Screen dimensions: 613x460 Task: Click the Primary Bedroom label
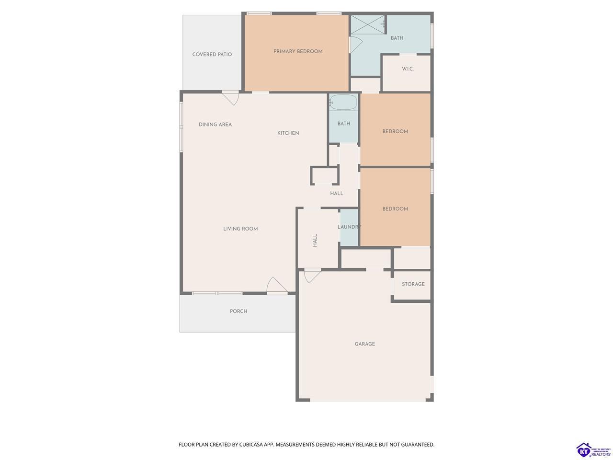[298, 51]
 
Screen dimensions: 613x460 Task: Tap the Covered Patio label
[212, 55]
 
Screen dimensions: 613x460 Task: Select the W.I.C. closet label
[408, 69]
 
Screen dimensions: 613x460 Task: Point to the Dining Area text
[215, 125]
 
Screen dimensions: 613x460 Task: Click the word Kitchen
[288, 133]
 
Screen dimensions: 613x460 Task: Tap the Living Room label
[240, 229]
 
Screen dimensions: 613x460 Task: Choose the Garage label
[365, 344]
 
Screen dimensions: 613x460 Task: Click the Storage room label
[413, 284]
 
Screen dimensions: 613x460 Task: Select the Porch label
[238, 311]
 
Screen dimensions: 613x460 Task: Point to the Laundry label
[349, 227]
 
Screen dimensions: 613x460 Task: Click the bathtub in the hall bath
[343, 102]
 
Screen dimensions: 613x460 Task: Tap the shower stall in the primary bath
[367, 24]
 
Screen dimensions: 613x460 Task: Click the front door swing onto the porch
[276, 286]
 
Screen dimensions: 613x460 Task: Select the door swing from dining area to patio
[231, 98]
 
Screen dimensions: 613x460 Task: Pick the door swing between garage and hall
[312, 276]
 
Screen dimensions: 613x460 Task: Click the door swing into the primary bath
[356, 45]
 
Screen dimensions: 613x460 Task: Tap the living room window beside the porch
[217, 293]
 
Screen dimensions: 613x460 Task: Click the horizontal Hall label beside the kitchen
[337, 193]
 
